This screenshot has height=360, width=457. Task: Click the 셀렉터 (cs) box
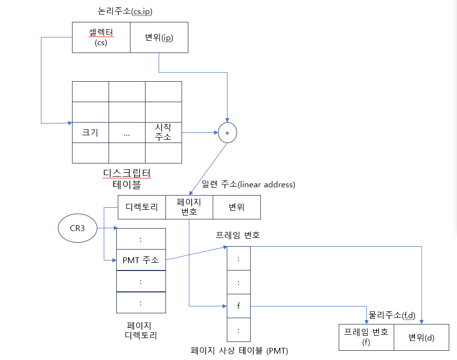(x=101, y=37)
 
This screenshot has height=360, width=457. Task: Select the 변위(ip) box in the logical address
(x=159, y=37)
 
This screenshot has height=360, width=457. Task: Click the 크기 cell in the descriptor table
(x=90, y=132)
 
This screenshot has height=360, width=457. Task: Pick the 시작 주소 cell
(x=163, y=132)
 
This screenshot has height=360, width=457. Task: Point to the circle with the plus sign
(x=227, y=132)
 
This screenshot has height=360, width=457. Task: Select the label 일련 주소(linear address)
(x=248, y=185)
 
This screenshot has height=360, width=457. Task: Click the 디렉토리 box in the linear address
(x=142, y=207)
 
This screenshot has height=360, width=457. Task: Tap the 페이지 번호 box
(x=189, y=207)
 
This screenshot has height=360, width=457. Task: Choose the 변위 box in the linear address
(x=237, y=207)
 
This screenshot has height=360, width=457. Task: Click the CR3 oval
(x=76, y=228)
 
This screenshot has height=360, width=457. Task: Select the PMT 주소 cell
(x=141, y=260)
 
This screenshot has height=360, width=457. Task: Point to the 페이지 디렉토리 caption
(x=142, y=330)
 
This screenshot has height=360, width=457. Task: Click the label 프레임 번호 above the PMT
(x=238, y=235)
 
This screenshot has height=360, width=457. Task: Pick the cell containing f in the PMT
(x=238, y=306)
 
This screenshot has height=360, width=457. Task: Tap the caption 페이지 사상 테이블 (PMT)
(x=239, y=350)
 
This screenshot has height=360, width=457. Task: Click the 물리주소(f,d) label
(x=392, y=315)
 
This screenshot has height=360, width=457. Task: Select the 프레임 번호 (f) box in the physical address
(x=366, y=337)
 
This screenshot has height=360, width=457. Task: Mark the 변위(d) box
(x=421, y=337)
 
